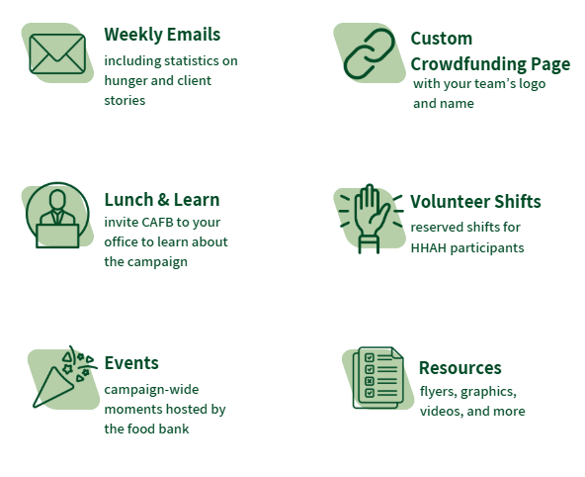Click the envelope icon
[57, 53]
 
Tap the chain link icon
[369, 53]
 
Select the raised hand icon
[372, 219]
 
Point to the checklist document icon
[378, 378]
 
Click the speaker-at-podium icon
[57, 215]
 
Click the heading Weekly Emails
[162, 35]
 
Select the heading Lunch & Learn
[162, 200]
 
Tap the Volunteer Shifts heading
[475, 201]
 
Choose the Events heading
[131, 363]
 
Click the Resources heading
[460, 368]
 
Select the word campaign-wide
[151, 390]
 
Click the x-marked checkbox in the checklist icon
[370, 381]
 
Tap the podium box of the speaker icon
[57, 237]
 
